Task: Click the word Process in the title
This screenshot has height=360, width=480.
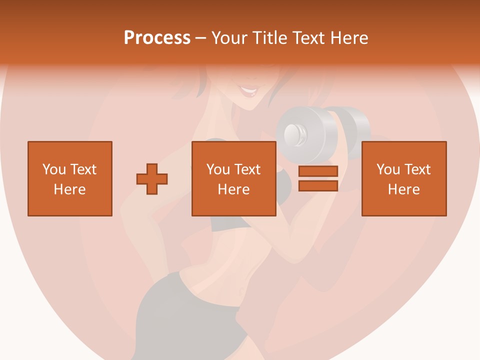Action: click(157, 38)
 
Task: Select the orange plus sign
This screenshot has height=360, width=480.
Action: click(152, 178)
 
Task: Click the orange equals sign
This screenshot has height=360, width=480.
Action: click(318, 178)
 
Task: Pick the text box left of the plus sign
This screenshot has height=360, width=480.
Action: click(69, 178)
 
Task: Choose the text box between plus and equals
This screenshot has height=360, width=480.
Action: click(233, 178)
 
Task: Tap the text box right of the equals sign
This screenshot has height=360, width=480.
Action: click(403, 178)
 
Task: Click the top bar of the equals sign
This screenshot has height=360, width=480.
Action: click(318, 171)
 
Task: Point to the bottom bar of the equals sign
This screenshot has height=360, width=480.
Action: click(318, 185)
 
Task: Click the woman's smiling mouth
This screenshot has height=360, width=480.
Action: click(248, 92)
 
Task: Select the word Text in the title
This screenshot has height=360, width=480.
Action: click(308, 38)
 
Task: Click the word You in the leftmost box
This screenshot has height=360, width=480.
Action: click(54, 169)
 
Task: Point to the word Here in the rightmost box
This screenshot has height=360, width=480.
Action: click(403, 189)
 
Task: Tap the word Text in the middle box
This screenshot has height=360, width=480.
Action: click(248, 169)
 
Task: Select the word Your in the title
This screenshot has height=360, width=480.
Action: click(229, 38)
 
